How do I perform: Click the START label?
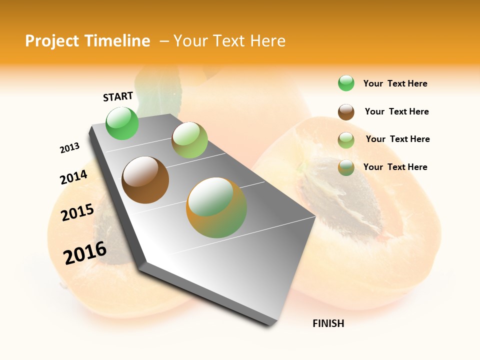point(118,96)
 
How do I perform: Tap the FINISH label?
point(328,323)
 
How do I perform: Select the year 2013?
point(69,148)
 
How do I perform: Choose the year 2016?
point(85,253)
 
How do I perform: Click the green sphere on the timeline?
point(122,123)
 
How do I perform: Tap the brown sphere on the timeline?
point(145,180)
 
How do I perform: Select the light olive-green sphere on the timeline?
point(189,140)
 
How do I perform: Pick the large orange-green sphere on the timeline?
point(216,207)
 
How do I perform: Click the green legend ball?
point(346,83)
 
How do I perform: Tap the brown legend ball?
point(346,112)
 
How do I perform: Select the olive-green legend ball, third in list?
point(346,140)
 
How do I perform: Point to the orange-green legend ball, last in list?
point(346,167)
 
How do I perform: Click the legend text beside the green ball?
point(395,83)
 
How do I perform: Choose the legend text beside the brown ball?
point(396,111)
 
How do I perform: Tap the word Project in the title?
point(52,41)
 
